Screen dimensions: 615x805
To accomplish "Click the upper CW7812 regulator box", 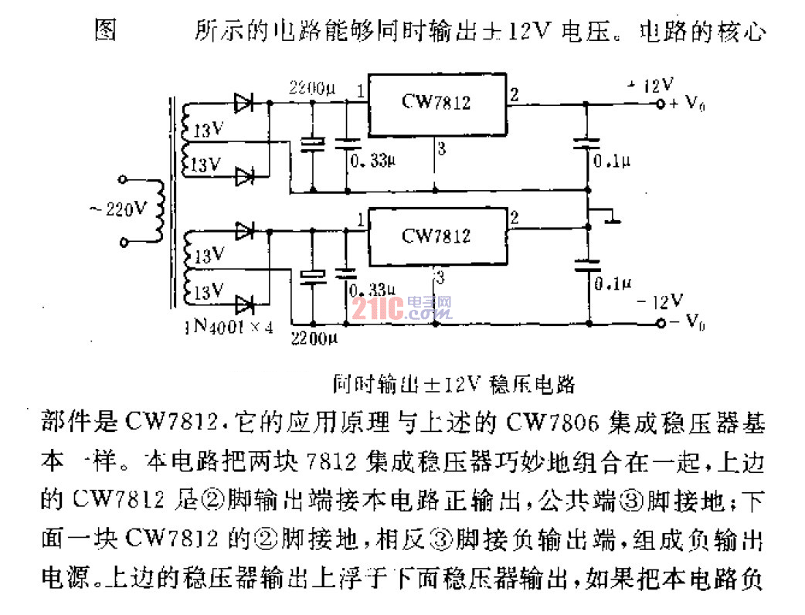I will coord(436,102).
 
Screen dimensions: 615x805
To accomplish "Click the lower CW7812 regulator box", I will coord(436,235).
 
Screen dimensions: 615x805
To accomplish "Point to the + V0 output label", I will coord(688,104).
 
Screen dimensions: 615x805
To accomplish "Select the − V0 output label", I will coord(688,322).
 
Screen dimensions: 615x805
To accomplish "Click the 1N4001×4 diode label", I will coord(229,326).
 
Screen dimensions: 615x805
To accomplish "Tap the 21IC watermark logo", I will coord(401,310).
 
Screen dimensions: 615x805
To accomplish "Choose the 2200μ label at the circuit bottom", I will coord(312,338).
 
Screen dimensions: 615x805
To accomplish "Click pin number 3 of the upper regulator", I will coord(440,148).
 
